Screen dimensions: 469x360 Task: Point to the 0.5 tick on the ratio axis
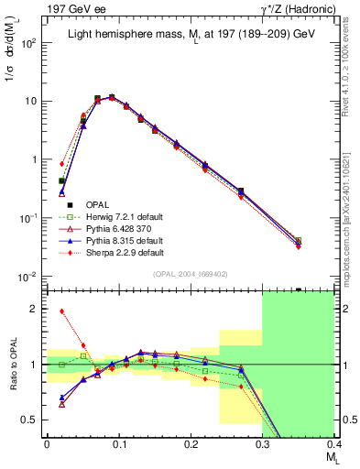(x=29, y=420)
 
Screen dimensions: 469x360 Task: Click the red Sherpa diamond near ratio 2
(x=61, y=311)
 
